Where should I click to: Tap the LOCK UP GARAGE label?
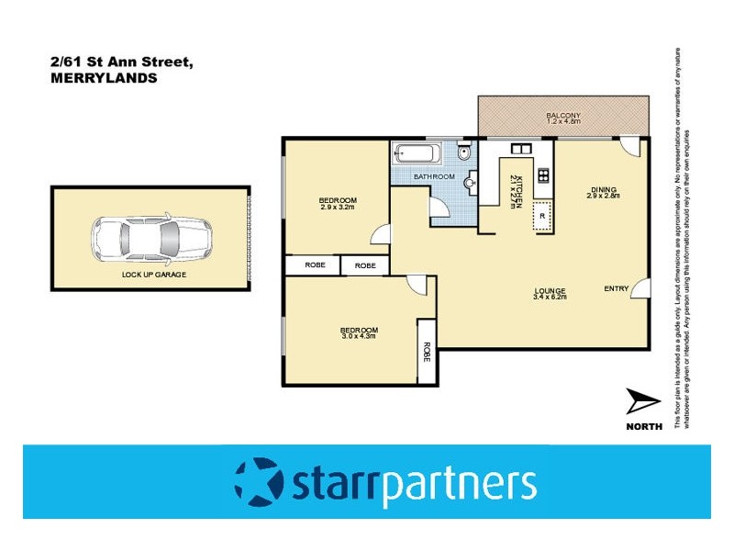150,275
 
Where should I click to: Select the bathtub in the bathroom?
418,154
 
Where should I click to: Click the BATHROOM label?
433,176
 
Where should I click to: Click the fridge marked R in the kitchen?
542,216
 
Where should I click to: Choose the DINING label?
604,189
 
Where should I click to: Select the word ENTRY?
616,289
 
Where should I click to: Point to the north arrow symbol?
641,402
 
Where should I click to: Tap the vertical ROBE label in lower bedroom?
427,351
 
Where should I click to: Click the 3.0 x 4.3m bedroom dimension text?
359,337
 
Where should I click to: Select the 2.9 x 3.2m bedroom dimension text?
338,208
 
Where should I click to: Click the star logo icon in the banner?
260,482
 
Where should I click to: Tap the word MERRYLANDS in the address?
103,79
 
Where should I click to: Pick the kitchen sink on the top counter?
519,150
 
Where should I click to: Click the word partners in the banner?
459,484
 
